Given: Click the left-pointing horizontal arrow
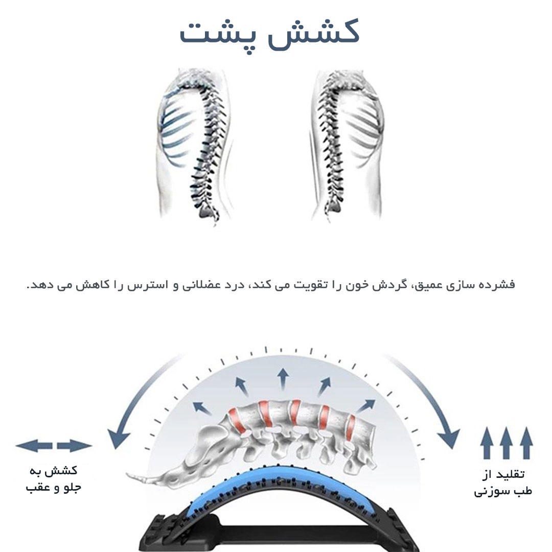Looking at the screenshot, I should tap(34, 446).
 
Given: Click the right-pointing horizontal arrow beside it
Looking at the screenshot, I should tap(75, 446).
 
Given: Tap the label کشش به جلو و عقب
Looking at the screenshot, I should tap(54, 479).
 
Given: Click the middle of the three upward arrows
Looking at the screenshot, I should tap(506, 443).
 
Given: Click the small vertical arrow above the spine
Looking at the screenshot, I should tap(282, 379).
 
